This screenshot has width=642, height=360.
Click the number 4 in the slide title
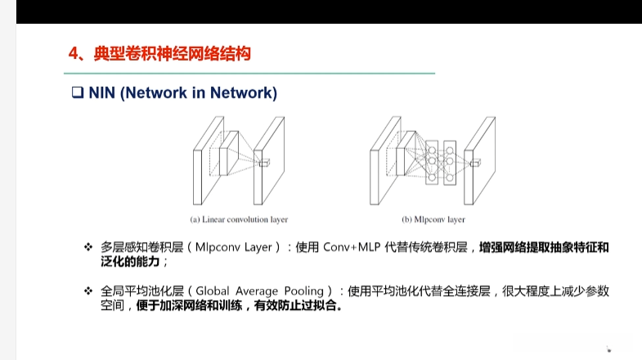(x=74, y=55)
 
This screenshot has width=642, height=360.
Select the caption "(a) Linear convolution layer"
(x=239, y=219)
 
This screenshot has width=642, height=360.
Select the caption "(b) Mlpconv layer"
(x=433, y=219)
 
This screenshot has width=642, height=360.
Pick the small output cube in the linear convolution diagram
(x=264, y=163)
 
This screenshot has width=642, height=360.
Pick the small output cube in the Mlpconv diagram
(x=474, y=163)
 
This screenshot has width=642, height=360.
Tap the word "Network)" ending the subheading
(x=244, y=93)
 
